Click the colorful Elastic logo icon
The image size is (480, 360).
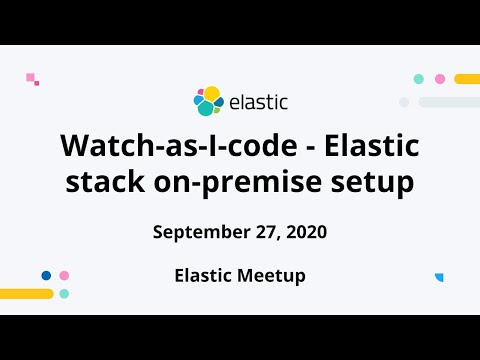click(x=208, y=101)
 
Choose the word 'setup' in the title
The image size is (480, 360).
click(x=363, y=183)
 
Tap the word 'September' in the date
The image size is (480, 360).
click(x=199, y=232)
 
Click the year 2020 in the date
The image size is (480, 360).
click(x=306, y=232)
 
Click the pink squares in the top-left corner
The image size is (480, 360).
click(x=32, y=78)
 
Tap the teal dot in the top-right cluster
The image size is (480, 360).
click(x=419, y=79)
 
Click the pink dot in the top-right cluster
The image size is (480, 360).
click(x=439, y=79)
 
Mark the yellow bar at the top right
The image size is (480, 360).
click(x=467, y=79)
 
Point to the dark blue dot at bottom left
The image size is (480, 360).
click(x=46, y=275)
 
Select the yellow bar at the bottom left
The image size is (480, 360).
click(x=26, y=294)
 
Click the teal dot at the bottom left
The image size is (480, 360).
click(x=64, y=294)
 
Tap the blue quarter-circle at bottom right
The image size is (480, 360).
click(x=439, y=277)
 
